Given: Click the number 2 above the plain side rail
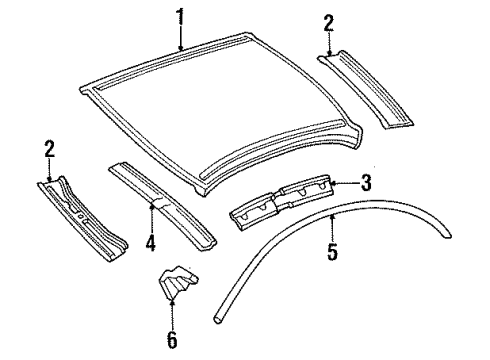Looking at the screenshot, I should (329, 22).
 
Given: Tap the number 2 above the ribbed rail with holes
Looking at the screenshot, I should (48, 149).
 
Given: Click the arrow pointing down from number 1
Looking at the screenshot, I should (180, 39).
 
